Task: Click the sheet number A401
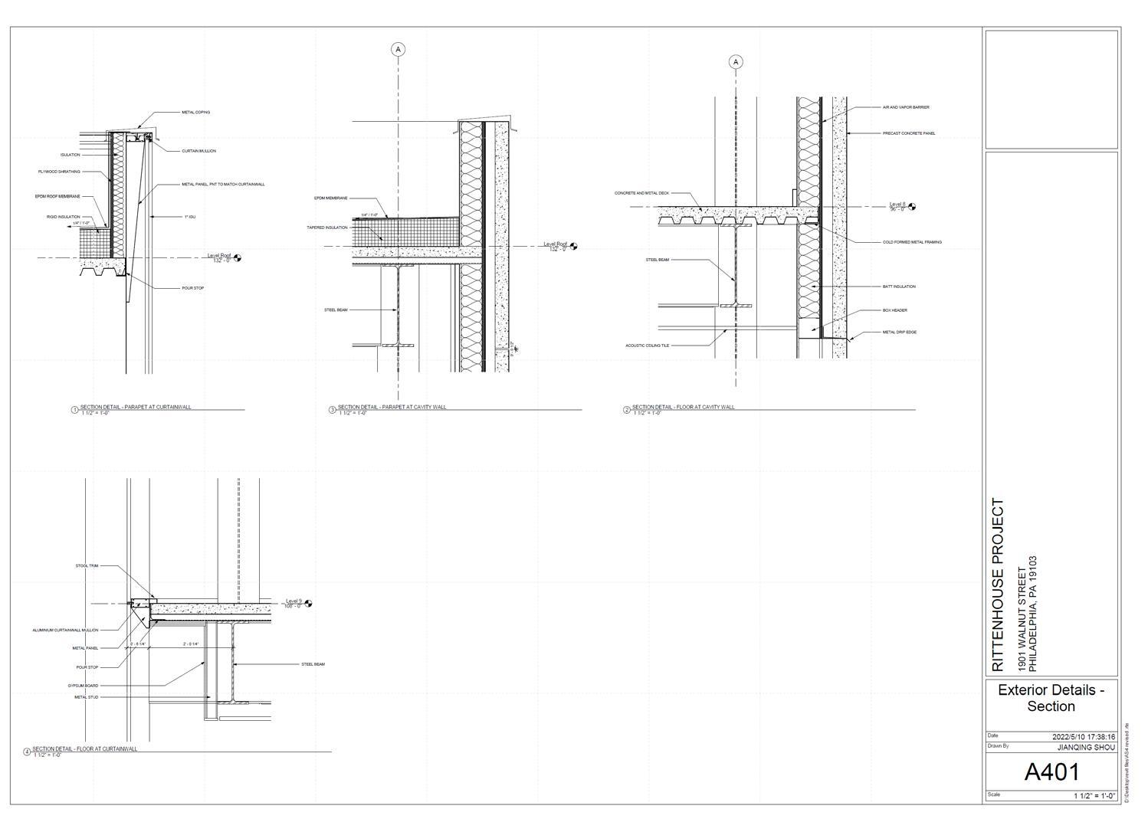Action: (1051, 771)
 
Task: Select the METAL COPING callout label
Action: (195, 113)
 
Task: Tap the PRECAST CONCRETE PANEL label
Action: (909, 133)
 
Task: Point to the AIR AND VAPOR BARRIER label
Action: (906, 107)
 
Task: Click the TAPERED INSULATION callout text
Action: (327, 228)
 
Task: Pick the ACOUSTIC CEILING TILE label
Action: (648, 346)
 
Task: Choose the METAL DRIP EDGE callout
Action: (900, 332)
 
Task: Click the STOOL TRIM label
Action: (87, 566)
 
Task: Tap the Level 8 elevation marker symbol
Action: (911, 207)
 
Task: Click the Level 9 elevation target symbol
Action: (308, 604)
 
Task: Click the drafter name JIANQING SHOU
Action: (1085, 747)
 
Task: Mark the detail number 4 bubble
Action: (28, 752)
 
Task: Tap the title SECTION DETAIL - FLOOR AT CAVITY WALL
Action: (683, 407)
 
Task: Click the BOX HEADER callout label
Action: (895, 310)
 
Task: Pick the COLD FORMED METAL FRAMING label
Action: (912, 242)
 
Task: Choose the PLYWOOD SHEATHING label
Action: (59, 172)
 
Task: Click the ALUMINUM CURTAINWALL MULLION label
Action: (65, 631)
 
